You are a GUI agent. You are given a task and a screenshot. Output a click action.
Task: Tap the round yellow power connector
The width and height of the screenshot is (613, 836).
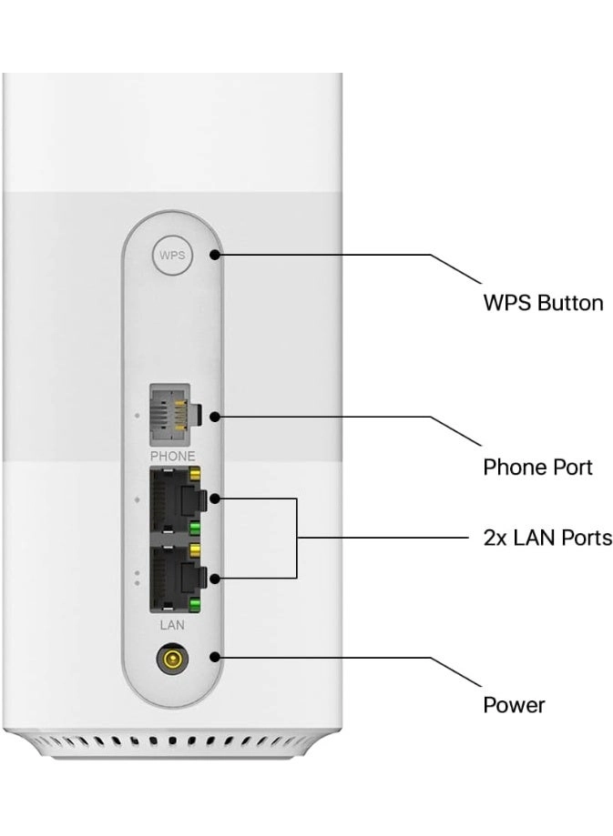coord(170,658)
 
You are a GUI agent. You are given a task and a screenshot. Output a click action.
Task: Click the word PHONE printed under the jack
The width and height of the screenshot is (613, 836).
coord(171,455)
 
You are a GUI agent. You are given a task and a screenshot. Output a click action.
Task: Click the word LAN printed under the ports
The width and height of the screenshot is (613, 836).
coord(171,625)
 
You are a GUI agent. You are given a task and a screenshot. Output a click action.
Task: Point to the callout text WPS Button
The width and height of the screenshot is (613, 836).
coord(543,303)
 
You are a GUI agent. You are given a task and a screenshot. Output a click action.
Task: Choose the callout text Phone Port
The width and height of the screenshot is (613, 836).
coord(537,468)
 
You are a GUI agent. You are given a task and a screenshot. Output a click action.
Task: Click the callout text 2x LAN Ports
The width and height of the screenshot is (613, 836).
coord(547,538)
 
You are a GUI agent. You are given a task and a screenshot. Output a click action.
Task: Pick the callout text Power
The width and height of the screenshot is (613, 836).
coord(514,705)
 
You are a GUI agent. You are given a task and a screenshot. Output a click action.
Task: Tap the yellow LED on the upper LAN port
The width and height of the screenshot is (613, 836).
coord(193,475)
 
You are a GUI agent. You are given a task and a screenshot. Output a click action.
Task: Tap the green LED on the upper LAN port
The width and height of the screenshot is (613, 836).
coord(193,527)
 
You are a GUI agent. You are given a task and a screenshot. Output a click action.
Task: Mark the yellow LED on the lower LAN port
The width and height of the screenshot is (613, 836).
coord(193,551)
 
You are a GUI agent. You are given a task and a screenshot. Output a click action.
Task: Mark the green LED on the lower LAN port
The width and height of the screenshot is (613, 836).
coord(193,603)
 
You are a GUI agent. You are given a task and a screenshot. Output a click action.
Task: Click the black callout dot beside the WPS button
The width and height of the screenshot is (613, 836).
coord(215,256)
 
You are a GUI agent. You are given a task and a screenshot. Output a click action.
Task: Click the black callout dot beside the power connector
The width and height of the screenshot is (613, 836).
coord(215,658)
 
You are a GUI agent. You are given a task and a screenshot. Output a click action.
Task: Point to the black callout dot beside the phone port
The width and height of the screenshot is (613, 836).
coord(214,418)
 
